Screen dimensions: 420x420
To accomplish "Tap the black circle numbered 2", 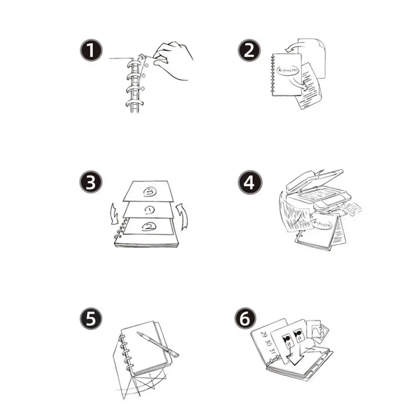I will tap(249, 51).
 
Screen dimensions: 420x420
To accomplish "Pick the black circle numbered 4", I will tap(249, 184).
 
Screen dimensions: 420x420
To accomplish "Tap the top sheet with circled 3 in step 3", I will tap(149, 190).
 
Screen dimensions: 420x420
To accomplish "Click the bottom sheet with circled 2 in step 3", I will tap(149, 227).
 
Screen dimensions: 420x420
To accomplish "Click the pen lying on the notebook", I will tap(157, 344).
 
